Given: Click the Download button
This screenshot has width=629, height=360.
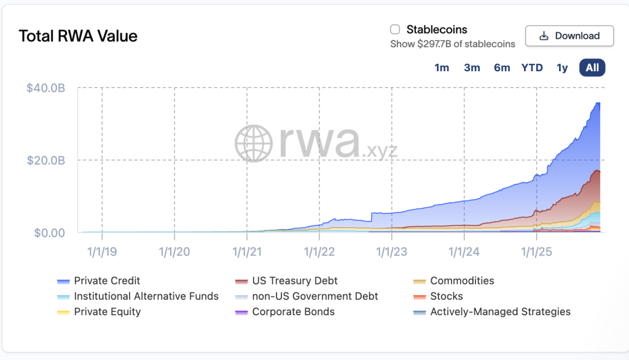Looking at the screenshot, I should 569,36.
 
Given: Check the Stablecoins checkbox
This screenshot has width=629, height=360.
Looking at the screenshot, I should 395,29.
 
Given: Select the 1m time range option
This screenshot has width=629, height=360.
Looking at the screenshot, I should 442,68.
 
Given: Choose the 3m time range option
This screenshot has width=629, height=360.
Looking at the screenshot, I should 472,68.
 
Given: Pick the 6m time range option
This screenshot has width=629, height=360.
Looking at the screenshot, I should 502,68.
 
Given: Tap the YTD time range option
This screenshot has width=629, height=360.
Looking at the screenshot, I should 532,68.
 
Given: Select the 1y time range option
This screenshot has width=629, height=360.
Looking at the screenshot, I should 562,68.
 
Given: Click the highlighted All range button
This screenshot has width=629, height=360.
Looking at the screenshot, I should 592,68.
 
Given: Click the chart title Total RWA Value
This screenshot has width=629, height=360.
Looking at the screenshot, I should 78,36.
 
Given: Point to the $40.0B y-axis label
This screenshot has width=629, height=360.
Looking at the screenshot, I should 45,88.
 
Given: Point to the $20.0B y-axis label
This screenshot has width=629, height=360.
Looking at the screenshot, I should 45,160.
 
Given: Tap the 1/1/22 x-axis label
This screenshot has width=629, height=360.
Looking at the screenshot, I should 319,251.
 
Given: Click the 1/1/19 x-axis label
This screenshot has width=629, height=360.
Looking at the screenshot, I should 102,251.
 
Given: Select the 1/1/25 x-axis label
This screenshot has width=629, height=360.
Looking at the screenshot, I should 537,251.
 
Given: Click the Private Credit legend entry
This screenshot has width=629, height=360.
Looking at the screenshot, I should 107,281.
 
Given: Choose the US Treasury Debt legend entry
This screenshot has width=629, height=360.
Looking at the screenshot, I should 295,281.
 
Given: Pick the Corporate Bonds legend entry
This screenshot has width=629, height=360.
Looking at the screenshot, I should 293,311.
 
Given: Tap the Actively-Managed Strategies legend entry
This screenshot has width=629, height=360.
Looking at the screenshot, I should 500,311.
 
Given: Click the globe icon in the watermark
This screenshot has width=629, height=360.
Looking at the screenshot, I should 254,143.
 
